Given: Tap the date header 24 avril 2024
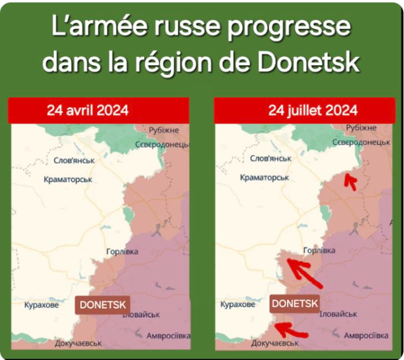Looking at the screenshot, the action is [88, 110].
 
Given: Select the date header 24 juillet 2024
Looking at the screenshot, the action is [313, 110].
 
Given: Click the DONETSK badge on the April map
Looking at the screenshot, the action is [102, 305].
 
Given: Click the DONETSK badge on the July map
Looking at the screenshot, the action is [295, 303].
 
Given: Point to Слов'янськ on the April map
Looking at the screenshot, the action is [74, 161].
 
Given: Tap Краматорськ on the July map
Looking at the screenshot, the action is [264, 178].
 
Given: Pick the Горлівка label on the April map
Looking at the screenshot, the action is [123, 251].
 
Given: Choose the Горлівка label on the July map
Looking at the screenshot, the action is [320, 250].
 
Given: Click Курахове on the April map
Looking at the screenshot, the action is [41, 305].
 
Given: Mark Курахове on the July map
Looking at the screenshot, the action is [238, 304].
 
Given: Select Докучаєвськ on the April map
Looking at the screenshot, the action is [78, 343].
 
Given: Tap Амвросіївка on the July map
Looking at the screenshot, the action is [366, 335].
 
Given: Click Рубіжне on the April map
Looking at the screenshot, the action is [164, 130].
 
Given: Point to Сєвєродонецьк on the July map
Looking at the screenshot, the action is [361, 142].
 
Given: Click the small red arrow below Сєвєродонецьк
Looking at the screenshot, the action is [351, 182].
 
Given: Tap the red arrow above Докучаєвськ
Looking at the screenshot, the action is [291, 330].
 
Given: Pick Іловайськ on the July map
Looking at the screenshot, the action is [339, 314].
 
